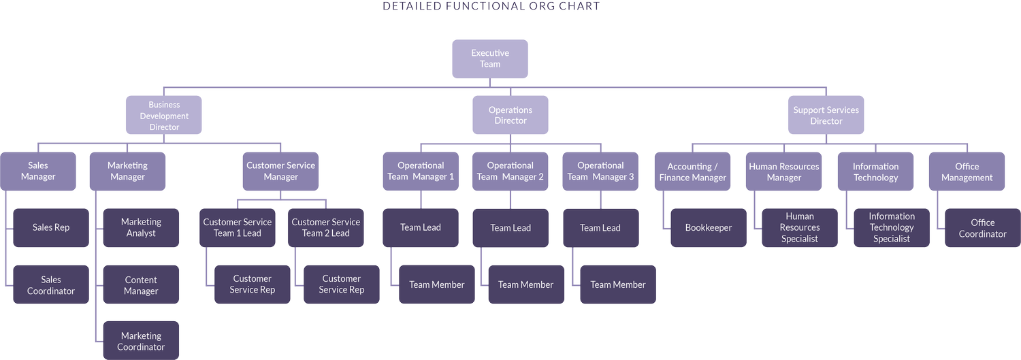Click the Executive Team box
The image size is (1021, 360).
point(490,59)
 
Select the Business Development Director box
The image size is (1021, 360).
point(164,116)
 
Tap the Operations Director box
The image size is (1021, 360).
point(510,115)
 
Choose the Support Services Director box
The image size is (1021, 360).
point(826,115)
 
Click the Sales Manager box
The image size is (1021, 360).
point(38,171)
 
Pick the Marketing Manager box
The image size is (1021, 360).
point(127,171)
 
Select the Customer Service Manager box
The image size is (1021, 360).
point(281,171)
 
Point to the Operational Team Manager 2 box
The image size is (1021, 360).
point(510,171)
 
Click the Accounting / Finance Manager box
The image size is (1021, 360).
point(693,171)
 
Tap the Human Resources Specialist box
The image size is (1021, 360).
point(800,227)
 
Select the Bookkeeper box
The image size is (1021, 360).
point(709,227)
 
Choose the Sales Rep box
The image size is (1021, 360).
point(51,227)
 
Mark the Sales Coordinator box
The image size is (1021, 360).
point(51,284)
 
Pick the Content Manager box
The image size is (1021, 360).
point(141,284)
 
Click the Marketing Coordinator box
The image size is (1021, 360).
point(141,340)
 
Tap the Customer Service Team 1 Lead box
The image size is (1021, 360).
point(238,227)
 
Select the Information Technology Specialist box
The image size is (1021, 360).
point(892,227)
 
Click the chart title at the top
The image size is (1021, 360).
point(491,6)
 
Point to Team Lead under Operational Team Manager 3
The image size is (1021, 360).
point(600,227)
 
